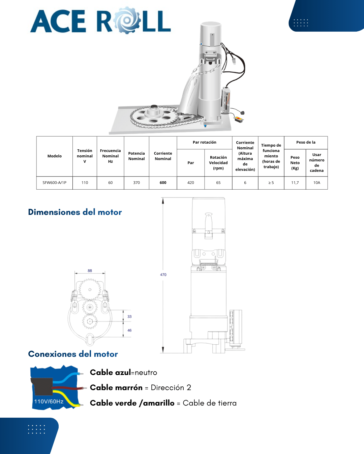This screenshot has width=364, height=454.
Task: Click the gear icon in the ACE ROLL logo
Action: [x=127, y=20]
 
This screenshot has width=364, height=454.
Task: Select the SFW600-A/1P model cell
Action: [x=54, y=183]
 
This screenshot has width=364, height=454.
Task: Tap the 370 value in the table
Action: [x=136, y=183]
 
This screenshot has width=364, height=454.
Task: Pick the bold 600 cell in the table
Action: [x=163, y=183]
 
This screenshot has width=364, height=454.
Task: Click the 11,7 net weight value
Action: [x=295, y=183]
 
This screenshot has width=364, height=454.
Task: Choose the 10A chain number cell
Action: [x=316, y=183]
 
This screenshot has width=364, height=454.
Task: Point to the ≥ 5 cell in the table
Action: [x=271, y=183]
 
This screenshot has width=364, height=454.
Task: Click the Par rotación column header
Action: [x=204, y=142]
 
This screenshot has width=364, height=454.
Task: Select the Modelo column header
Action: [x=54, y=156]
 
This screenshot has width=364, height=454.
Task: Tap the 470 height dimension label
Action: [x=163, y=275]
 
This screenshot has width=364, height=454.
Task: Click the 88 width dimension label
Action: [x=90, y=271]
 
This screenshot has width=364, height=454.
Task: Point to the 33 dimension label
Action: [x=129, y=316]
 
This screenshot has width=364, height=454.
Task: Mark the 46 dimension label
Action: [x=129, y=330]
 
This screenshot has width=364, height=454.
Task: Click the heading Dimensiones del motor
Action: [x=75, y=212]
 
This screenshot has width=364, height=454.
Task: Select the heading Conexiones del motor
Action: [x=73, y=354]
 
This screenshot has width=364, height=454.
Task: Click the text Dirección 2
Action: [x=171, y=388]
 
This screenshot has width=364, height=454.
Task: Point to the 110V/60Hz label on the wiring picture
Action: [x=49, y=402]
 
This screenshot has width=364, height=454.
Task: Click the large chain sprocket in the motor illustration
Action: [x=154, y=116]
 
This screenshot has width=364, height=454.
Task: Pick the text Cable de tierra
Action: [x=210, y=403]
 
